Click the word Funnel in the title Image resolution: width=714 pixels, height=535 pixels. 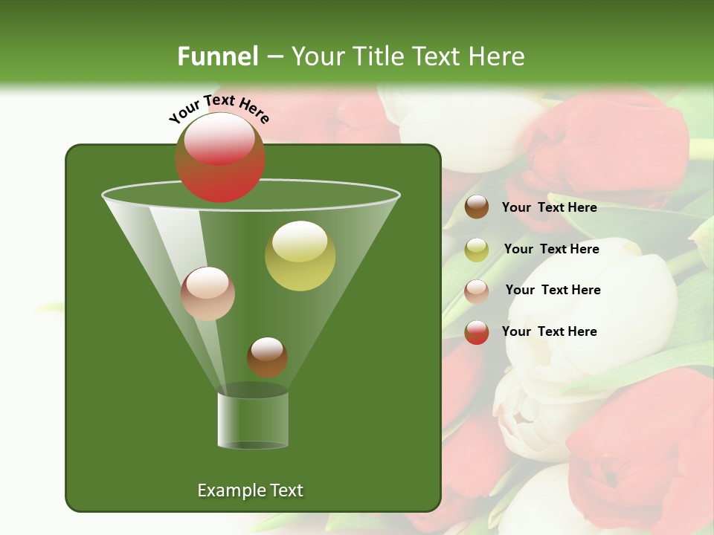pos(217,56)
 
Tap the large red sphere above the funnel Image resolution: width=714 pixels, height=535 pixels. pos(220,158)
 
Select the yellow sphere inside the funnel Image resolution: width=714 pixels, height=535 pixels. pos(300,256)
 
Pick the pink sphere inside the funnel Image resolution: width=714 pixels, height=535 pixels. pos(208,294)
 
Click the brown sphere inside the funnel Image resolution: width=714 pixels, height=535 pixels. pos(267,357)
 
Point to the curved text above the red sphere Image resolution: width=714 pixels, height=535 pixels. pos(219,108)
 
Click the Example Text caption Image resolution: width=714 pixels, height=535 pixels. pos(250,490)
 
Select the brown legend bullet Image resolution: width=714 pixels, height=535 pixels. pos(477,207)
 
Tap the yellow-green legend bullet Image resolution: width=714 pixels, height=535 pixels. pos(477,250)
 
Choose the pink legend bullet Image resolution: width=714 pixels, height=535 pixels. pos(477,291)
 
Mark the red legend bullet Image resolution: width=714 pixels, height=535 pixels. pos(477,332)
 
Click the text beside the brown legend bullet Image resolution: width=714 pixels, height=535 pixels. pos(549,208)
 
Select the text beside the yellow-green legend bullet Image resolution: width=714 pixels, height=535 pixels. pos(551,250)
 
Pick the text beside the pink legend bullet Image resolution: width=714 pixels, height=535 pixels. pos(553,291)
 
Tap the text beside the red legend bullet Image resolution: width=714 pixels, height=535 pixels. pos(549,331)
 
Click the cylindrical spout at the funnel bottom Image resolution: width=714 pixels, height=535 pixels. pos(253,420)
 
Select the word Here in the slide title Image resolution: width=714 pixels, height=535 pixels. pos(497,56)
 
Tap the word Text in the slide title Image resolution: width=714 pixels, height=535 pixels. pos(438,56)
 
